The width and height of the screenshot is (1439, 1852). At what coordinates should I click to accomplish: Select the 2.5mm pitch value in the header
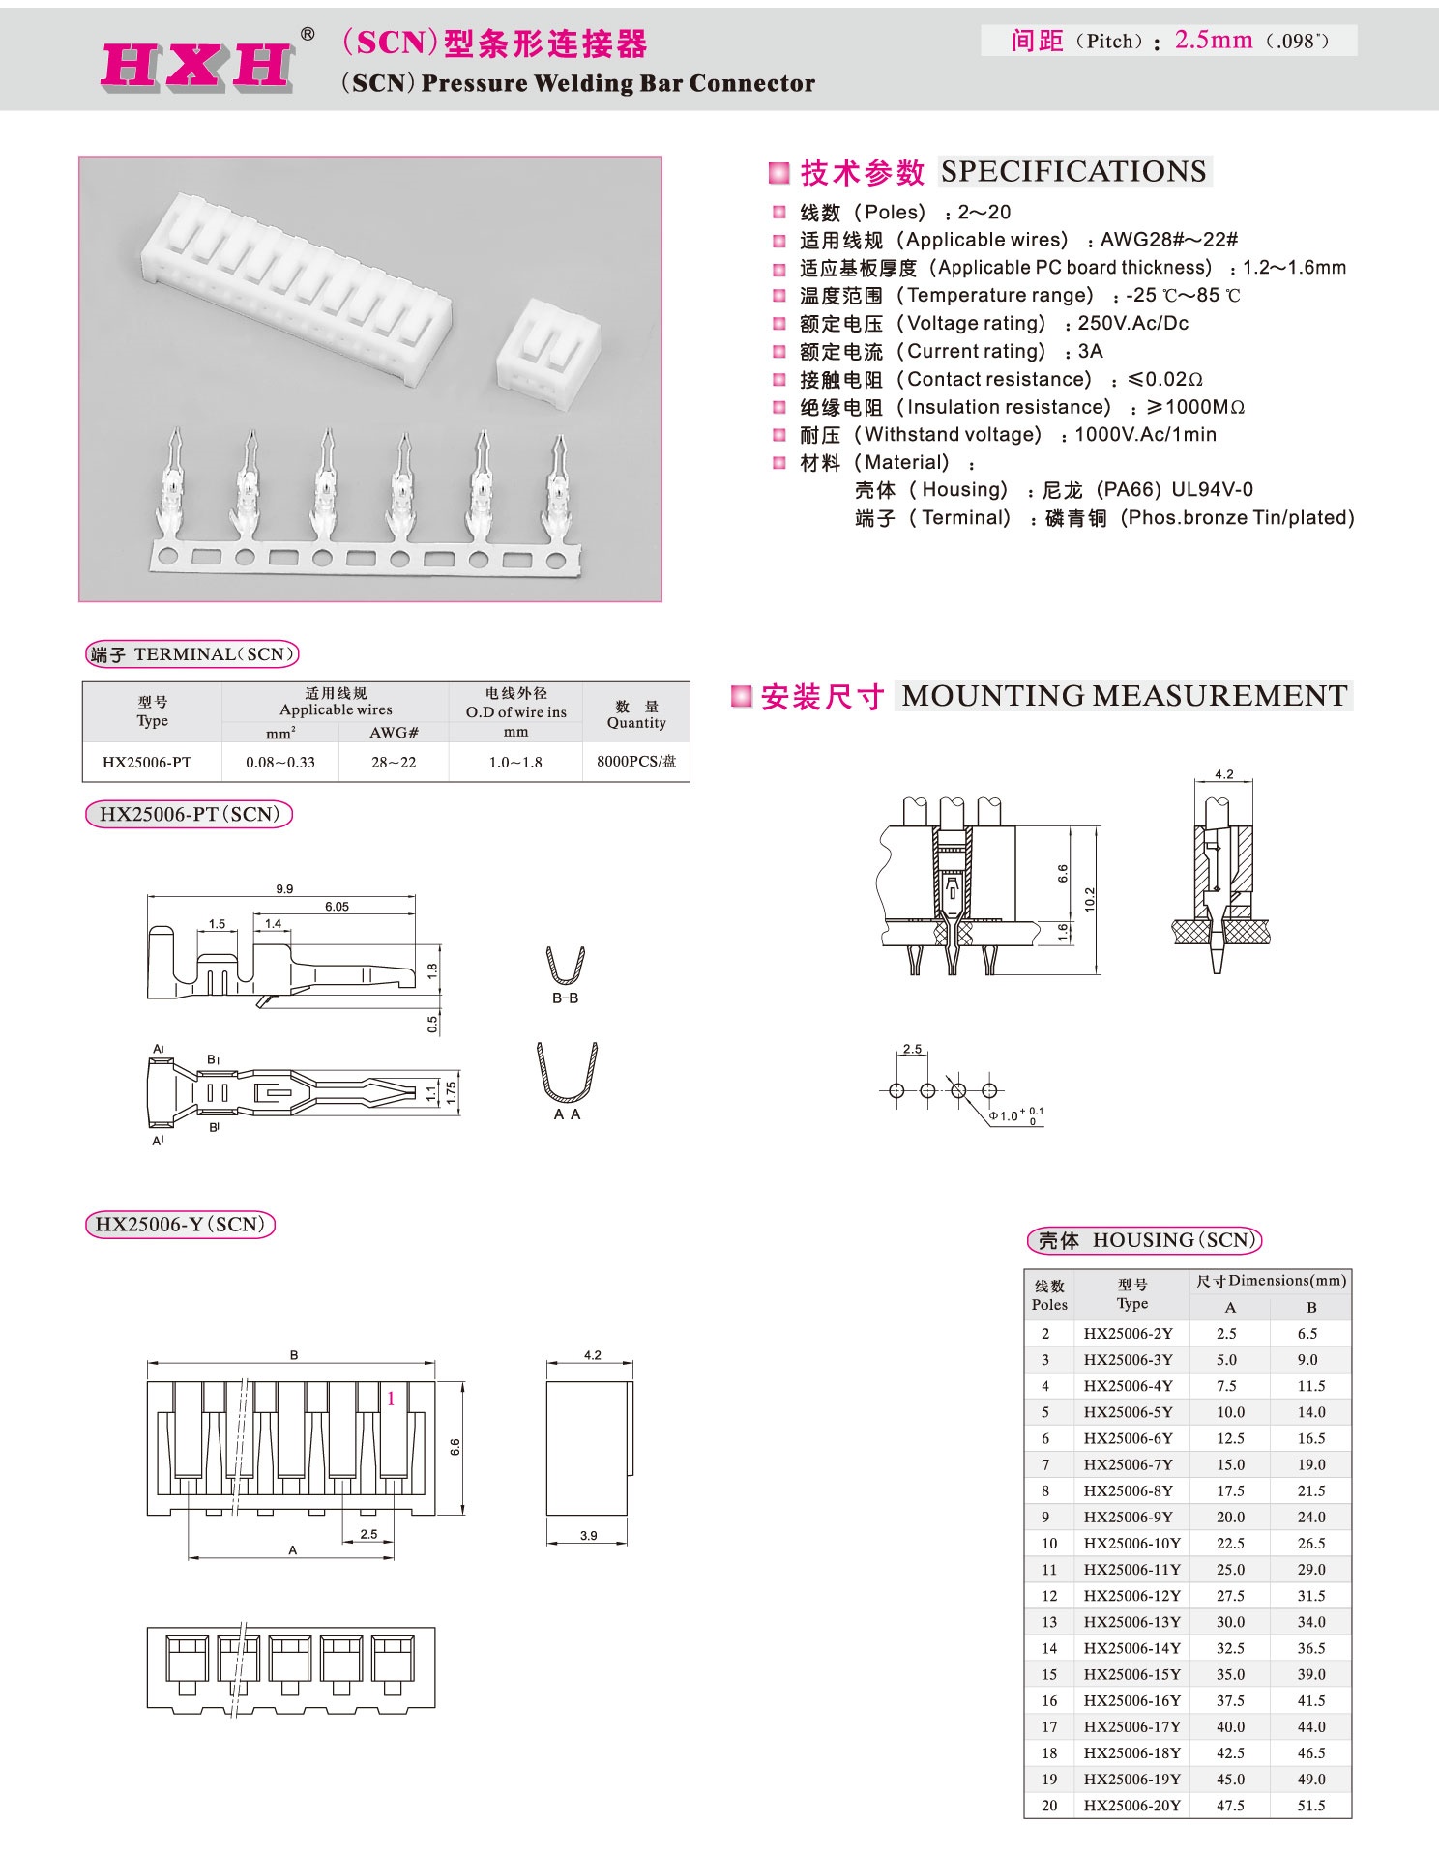tap(1213, 41)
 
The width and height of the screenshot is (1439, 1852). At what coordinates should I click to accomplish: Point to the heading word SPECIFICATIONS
tap(1073, 172)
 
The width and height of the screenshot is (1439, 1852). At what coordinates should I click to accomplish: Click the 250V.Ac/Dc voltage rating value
tap(1132, 324)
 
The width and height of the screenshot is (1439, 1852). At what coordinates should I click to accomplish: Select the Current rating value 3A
tap(1090, 352)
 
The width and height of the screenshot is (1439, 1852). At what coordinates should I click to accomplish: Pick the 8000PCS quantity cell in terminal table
tap(636, 762)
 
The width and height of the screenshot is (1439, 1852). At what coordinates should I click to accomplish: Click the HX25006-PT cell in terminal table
tap(147, 763)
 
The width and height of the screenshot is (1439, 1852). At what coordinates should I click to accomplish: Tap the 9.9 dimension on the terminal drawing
tap(283, 889)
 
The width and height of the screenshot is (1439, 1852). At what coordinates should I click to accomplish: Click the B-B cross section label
tap(565, 998)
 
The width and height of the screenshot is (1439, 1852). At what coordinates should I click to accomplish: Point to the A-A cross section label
tap(567, 1114)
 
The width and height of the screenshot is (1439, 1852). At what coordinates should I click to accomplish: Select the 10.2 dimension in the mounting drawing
tap(1090, 899)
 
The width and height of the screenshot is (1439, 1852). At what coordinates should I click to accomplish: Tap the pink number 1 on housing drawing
tap(391, 1399)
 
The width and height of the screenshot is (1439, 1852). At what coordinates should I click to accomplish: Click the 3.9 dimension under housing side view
tap(588, 1535)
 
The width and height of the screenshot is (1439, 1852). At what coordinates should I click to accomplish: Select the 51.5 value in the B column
tap(1310, 1806)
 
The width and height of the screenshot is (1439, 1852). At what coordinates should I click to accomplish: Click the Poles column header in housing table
tap(1049, 1295)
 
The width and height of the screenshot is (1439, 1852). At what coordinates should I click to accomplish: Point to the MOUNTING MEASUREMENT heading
tap(1124, 696)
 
